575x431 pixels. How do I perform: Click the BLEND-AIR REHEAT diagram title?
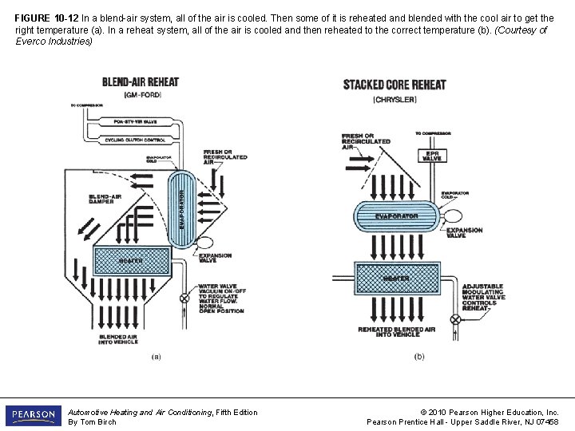pos(141,82)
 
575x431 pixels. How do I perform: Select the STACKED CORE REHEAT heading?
pos(395,85)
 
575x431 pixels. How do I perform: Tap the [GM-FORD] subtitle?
pos(140,94)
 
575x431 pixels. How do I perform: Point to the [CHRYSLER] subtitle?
pos(395,99)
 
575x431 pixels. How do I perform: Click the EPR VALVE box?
pos(431,155)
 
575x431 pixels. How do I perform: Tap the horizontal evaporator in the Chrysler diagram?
pos(397,216)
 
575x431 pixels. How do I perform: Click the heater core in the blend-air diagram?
pos(131,261)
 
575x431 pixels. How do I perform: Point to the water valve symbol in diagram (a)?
pos(184,298)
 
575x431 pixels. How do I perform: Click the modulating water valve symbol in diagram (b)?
pos(456,318)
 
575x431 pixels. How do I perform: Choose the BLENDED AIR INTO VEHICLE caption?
pos(118,339)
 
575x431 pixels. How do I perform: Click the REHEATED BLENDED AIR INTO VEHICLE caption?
pos(396,332)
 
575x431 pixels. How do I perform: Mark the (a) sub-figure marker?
pos(157,357)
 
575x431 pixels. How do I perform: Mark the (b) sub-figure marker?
pos(419,357)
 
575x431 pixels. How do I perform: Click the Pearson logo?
pos(33,416)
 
